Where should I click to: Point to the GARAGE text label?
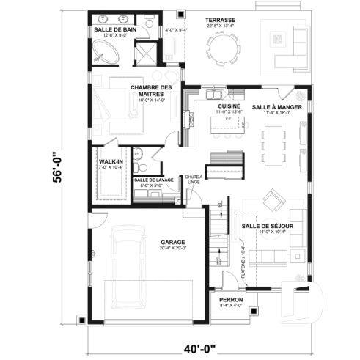point(172,241)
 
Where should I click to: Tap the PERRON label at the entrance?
point(229,299)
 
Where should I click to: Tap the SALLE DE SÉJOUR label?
point(268,226)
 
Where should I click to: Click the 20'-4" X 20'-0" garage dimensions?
point(172,248)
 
